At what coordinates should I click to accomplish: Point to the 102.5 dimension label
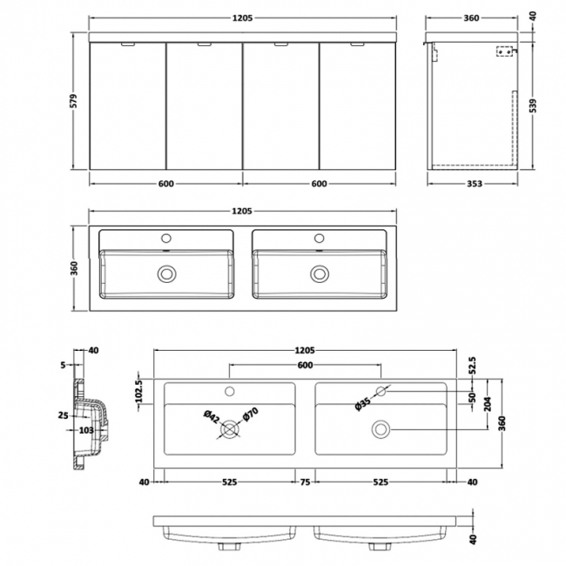coord(138,385)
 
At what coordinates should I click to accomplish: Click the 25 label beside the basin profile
coord(63,415)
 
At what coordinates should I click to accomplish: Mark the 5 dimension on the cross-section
coord(64,366)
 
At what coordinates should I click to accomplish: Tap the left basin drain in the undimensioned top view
coord(165,273)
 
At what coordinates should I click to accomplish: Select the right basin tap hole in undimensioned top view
coord(318,237)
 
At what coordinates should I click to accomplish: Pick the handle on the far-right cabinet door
coord(357,43)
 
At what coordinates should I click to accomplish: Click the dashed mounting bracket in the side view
coord(502,52)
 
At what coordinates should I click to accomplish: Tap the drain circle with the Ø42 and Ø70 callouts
coord(230,428)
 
